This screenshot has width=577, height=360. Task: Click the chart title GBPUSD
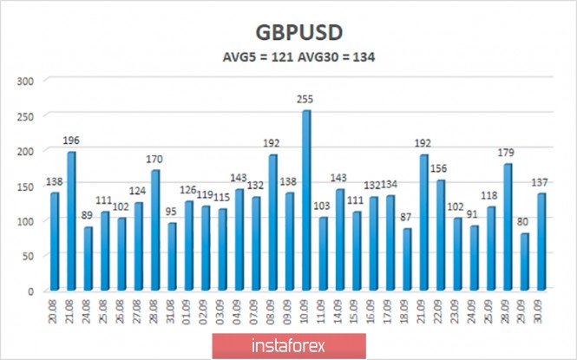299,31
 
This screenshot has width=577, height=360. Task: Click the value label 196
71,141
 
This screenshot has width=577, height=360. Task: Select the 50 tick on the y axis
28,256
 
